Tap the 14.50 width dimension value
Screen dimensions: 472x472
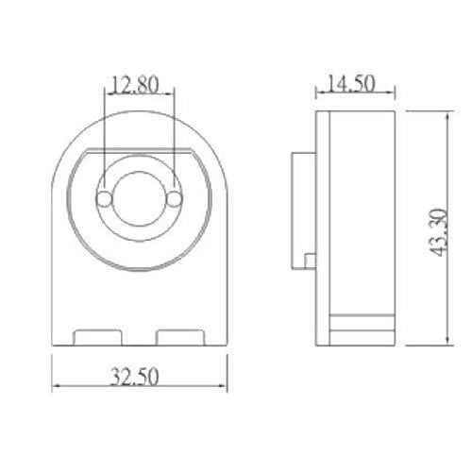(348, 83)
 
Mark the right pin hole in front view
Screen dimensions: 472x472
(174, 198)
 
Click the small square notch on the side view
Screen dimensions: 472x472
(310, 259)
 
